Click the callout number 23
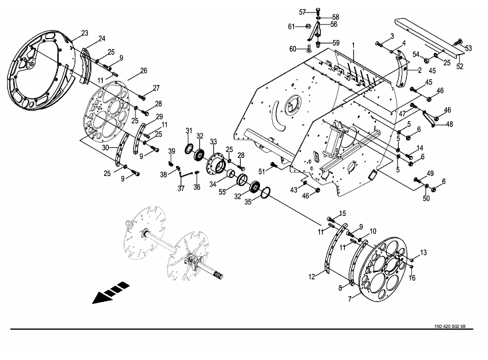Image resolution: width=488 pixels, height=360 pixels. coord(85,33)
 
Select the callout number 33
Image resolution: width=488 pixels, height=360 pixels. coord(213,142)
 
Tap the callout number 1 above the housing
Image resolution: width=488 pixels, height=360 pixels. coord(353,45)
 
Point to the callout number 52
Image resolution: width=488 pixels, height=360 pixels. coord(460,66)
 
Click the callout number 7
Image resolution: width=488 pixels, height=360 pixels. coord(350,299)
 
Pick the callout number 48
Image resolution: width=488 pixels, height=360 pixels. coord(449,124)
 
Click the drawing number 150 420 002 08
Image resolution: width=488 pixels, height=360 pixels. coord(450,327)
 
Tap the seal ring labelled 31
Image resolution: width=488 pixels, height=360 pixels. coord(189,149)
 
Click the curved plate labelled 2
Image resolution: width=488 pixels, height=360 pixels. coord(403,71)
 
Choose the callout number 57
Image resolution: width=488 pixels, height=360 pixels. coord(303,12)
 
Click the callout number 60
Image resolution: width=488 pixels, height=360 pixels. coord(293,49)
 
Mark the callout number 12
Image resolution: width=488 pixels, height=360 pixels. coord(312,277)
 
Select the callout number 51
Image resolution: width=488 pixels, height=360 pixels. coord(262,172)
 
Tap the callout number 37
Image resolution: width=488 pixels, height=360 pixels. coord(181,188)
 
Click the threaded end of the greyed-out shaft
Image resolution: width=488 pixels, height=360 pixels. coord(218,275)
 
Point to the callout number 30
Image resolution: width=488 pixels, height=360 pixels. coord(105,147)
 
